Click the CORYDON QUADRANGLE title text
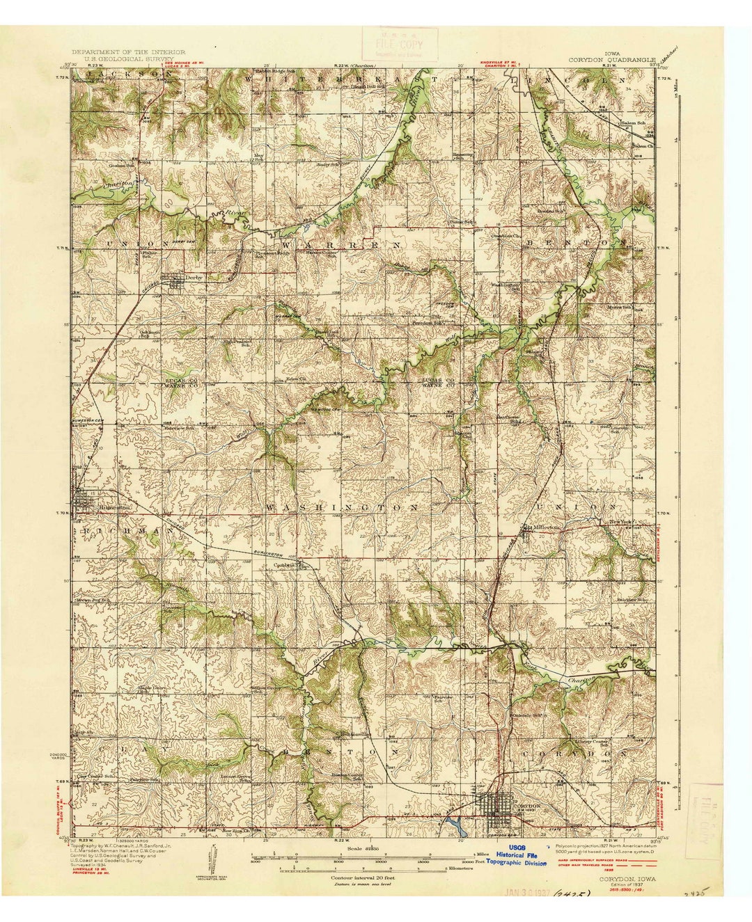(x=612, y=59)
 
